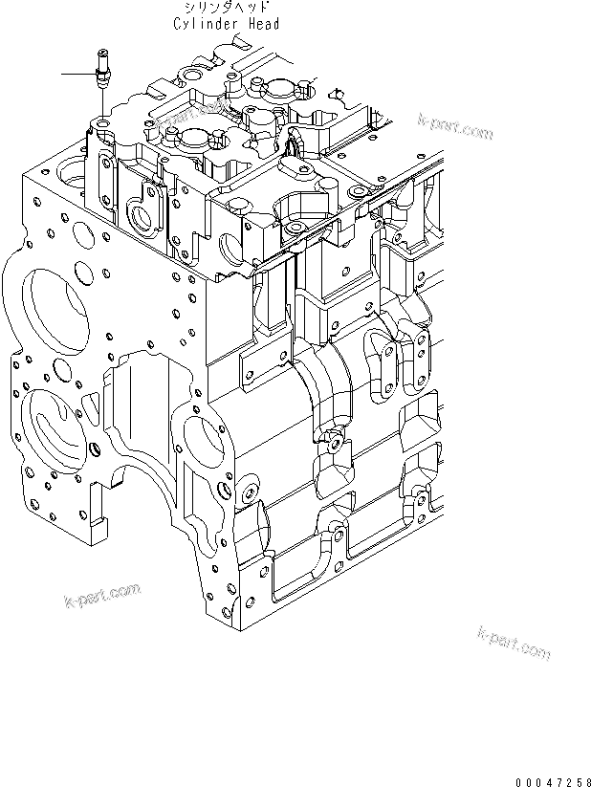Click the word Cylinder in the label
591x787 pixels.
[x=206, y=24]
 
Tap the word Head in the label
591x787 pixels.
[x=261, y=24]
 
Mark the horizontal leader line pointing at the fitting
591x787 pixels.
[x=76, y=74]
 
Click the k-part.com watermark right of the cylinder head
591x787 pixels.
[x=455, y=126]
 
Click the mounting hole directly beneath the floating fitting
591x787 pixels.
[x=100, y=124]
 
